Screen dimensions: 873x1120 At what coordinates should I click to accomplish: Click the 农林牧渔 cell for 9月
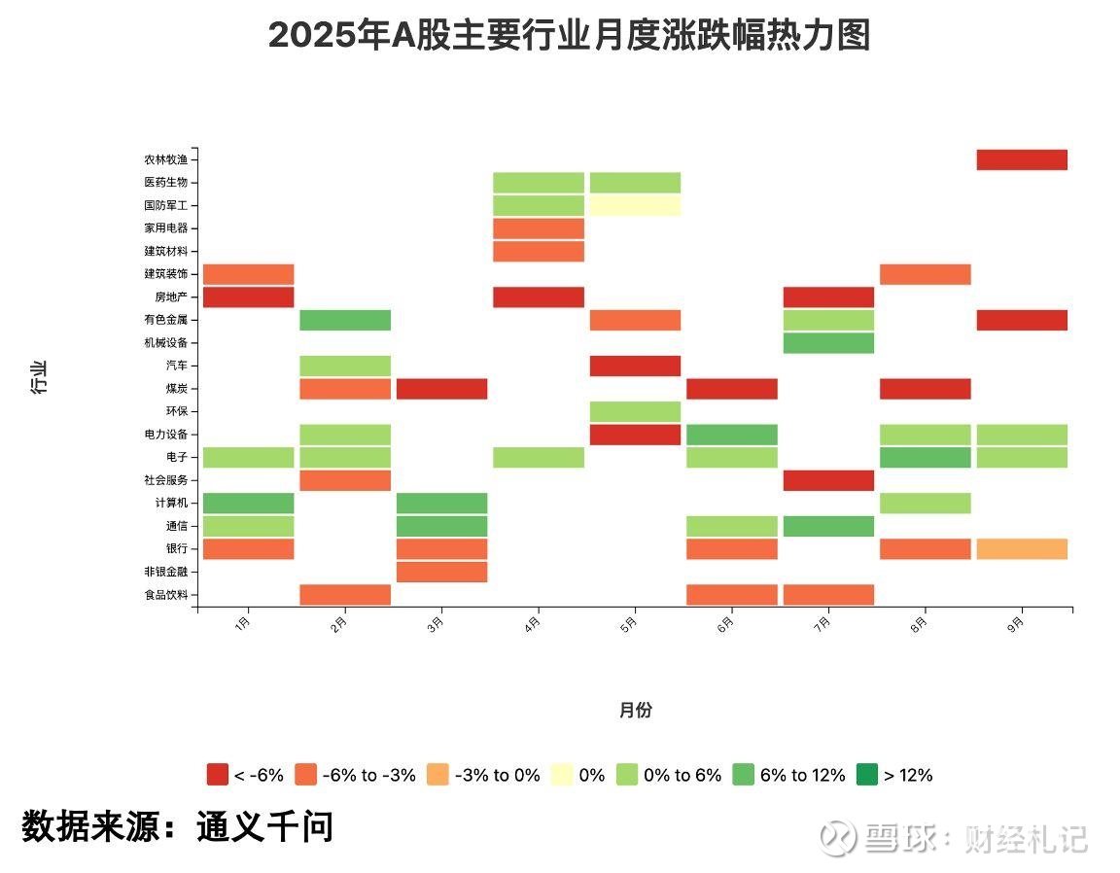(x=1022, y=159)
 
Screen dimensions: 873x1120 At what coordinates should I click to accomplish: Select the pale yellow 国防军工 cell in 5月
(x=635, y=205)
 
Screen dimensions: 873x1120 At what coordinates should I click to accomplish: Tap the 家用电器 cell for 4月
(x=539, y=228)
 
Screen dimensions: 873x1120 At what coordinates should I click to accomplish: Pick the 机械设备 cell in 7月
(x=828, y=343)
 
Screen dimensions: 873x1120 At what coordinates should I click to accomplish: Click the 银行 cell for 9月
(x=1022, y=549)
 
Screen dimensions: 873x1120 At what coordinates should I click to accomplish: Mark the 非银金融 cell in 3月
(x=441, y=572)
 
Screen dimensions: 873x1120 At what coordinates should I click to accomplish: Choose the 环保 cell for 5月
(x=635, y=411)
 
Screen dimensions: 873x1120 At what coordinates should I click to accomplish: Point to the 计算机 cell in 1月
(x=248, y=503)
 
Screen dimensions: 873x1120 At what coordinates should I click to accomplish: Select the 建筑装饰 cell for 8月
(x=925, y=274)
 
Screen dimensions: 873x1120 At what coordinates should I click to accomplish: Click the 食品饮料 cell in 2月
(x=345, y=595)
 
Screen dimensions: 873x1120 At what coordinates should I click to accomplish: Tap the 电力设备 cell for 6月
(x=731, y=435)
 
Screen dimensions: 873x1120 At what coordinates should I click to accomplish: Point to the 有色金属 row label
(x=165, y=320)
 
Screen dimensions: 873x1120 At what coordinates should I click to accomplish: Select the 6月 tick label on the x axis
(x=726, y=625)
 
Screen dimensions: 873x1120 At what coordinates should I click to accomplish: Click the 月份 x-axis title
(x=635, y=710)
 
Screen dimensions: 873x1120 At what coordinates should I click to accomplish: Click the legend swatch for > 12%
(x=867, y=775)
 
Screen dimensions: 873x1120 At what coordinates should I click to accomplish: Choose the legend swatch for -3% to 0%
(x=437, y=775)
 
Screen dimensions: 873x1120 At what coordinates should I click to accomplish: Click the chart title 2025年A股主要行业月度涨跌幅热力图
(x=569, y=36)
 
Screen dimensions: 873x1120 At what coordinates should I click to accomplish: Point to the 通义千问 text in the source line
(x=264, y=826)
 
